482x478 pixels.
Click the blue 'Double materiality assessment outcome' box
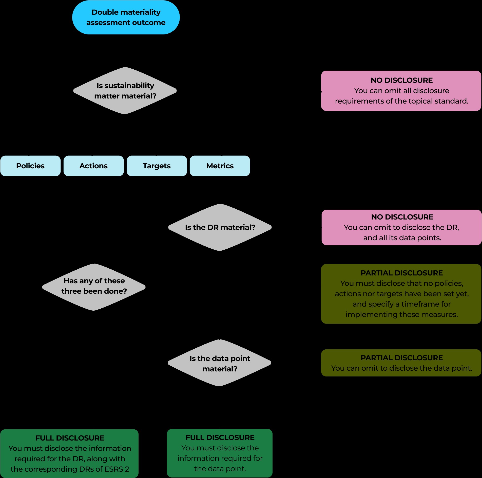point(126,17)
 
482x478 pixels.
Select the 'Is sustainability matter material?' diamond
point(125,91)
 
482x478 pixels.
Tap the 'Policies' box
point(30,166)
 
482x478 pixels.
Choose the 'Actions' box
point(93,166)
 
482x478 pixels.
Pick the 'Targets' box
point(157,166)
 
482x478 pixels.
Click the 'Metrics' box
point(220,166)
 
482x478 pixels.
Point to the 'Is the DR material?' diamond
point(220,227)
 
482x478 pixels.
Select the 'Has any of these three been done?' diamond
point(94,287)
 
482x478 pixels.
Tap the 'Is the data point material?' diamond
point(220,363)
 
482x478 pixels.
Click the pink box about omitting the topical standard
point(401,91)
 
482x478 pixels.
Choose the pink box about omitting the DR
point(402,227)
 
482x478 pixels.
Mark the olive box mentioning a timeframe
point(401,294)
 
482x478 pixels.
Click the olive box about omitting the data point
point(401,363)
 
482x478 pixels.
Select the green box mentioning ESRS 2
point(70,453)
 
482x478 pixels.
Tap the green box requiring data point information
point(220,453)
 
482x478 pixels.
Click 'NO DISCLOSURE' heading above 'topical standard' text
point(402,80)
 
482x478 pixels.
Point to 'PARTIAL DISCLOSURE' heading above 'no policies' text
point(402,273)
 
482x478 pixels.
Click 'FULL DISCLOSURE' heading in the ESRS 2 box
point(70,438)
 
